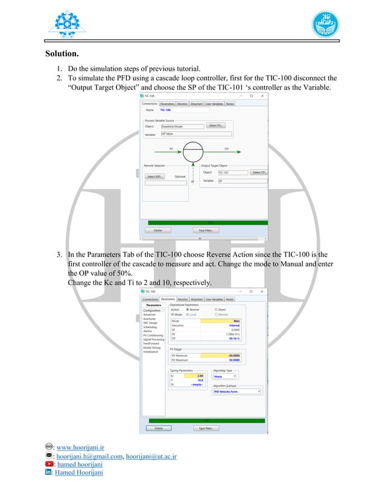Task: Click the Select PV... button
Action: (x=215, y=126)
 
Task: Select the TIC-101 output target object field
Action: (x=232, y=173)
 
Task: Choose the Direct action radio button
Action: (x=217, y=310)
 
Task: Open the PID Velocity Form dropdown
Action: (x=237, y=391)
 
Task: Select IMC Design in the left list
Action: (x=150, y=323)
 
